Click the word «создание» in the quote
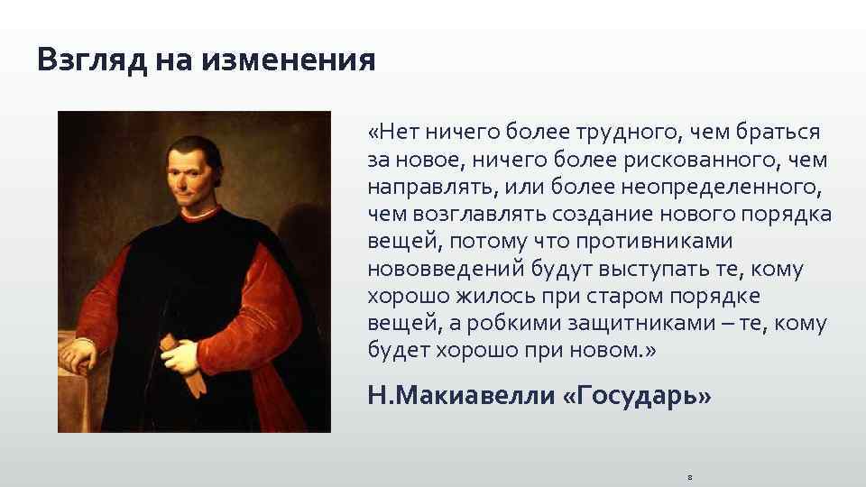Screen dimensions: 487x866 [579, 215]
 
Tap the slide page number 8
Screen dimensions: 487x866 [688, 473]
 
